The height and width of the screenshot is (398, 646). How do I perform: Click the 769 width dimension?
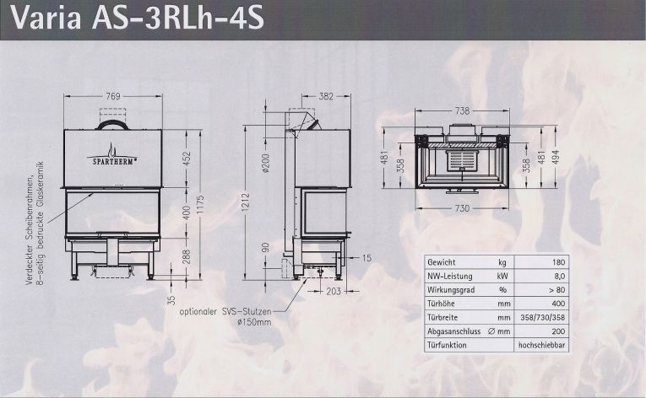click(113, 96)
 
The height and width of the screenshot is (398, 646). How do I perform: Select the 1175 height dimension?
click(200, 205)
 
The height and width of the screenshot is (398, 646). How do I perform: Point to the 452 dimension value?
click(187, 159)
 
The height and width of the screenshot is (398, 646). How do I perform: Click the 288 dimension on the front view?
click(187, 257)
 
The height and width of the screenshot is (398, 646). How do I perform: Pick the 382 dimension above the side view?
click(326, 96)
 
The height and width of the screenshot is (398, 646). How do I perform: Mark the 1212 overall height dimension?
click(246, 203)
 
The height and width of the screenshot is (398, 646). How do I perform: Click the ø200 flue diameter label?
click(265, 163)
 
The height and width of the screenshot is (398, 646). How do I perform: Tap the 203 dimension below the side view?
click(334, 292)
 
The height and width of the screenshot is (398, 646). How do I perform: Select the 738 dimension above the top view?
click(462, 110)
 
